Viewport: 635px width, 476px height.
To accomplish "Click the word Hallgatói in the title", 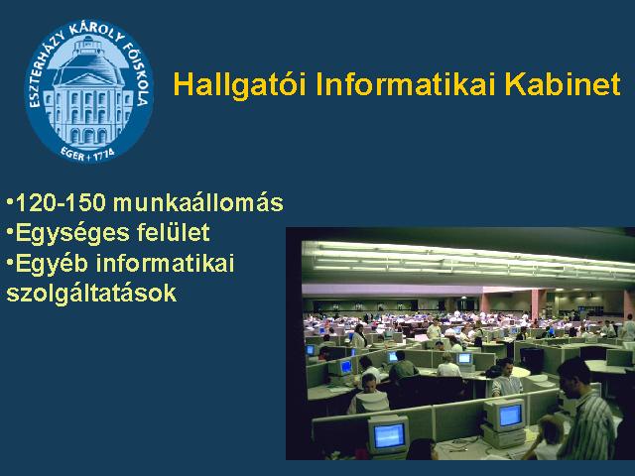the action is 240,85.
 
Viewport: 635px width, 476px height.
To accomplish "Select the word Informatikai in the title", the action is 406,83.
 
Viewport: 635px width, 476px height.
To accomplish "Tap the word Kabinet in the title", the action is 563,83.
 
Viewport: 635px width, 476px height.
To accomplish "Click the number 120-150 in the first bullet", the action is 61,202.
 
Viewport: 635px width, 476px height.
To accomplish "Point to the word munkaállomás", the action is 198,202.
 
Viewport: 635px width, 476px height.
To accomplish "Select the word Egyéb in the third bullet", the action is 52,265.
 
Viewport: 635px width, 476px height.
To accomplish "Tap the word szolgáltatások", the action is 91,295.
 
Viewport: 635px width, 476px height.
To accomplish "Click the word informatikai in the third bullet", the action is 166,263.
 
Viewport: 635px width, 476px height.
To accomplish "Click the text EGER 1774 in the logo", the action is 87,153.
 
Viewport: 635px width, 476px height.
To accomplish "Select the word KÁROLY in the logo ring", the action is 96,34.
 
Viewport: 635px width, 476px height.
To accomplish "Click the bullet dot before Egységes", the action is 10,232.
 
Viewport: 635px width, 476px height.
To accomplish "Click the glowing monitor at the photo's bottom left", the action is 388,435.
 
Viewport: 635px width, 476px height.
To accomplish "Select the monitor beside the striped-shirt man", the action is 505,416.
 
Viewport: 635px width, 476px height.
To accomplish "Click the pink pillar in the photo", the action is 538,302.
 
